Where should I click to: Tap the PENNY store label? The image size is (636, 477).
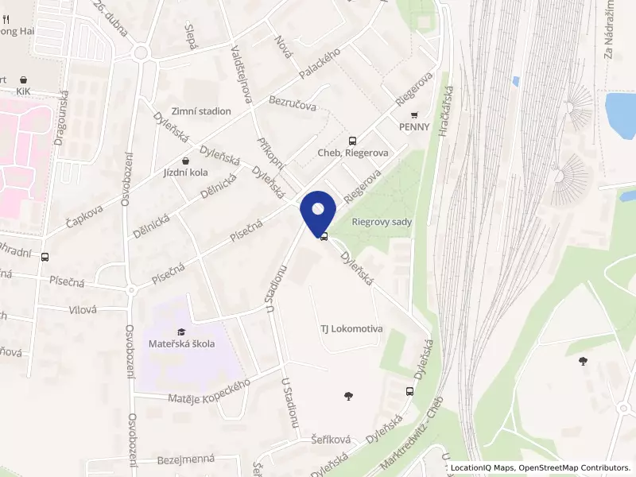(x=414, y=126)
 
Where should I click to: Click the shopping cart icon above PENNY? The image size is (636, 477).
(x=414, y=114)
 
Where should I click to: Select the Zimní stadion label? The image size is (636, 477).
(x=201, y=111)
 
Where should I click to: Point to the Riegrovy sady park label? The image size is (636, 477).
(x=382, y=222)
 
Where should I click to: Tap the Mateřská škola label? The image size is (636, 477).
(x=181, y=343)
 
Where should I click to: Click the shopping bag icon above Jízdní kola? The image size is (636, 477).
(x=185, y=160)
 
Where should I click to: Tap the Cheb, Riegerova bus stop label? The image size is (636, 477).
(x=352, y=153)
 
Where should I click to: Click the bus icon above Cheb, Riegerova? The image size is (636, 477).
(x=352, y=140)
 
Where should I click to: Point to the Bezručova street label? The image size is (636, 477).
(x=293, y=104)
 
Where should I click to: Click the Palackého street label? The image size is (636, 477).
(x=320, y=63)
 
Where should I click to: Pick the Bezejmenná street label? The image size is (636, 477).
(x=186, y=460)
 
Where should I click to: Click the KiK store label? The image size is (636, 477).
(x=23, y=91)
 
